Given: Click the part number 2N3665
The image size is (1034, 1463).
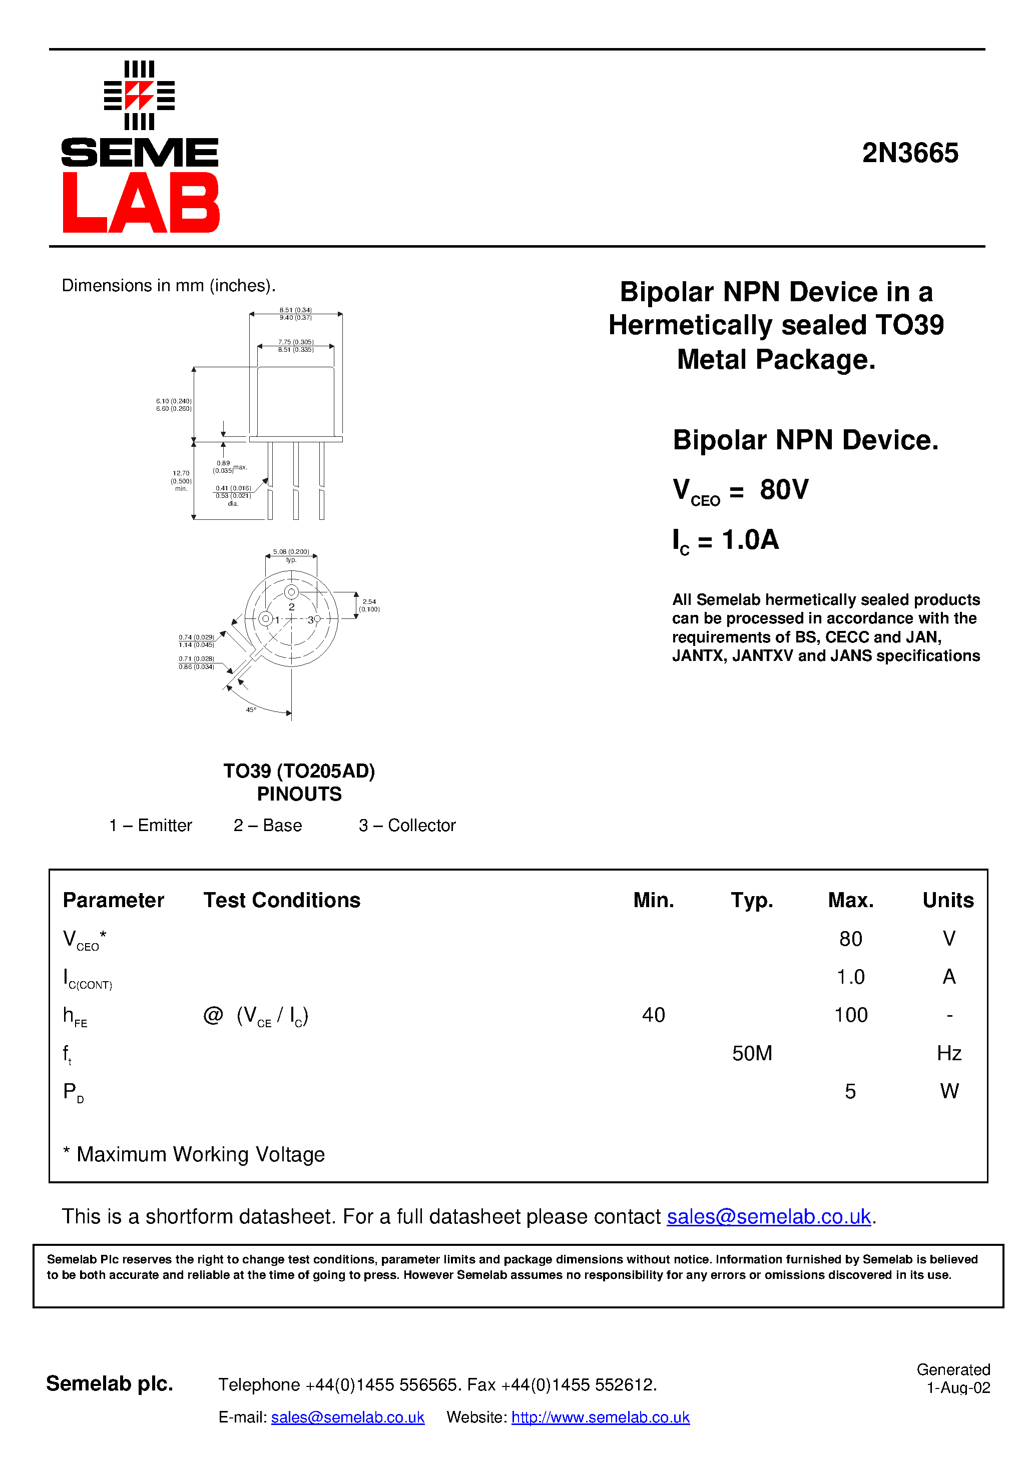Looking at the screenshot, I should click(x=910, y=153).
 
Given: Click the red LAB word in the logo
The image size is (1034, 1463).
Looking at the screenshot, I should click(x=141, y=203).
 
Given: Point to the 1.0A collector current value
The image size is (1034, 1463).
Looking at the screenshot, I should click(x=750, y=540).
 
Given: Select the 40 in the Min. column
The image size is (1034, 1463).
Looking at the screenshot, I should click(x=654, y=1015).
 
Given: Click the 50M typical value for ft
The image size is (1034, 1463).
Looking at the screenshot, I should click(x=752, y=1053).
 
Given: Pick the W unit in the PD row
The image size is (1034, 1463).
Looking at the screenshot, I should click(x=948, y=1092).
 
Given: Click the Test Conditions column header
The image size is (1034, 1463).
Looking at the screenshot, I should click(x=282, y=900).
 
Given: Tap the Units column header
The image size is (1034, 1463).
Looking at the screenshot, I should click(x=948, y=900).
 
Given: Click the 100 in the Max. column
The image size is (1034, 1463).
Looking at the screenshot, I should click(x=850, y=1015).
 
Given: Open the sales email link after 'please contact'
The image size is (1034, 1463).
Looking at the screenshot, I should click(x=768, y=1216).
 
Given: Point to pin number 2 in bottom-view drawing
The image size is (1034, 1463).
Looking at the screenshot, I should click(x=292, y=606).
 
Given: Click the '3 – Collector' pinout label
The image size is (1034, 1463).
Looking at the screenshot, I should click(x=407, y=825).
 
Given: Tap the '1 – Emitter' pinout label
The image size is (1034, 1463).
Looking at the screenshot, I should click(x=151, y=825).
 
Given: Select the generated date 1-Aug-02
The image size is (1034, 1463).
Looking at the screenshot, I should click(x=957, y=1388).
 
